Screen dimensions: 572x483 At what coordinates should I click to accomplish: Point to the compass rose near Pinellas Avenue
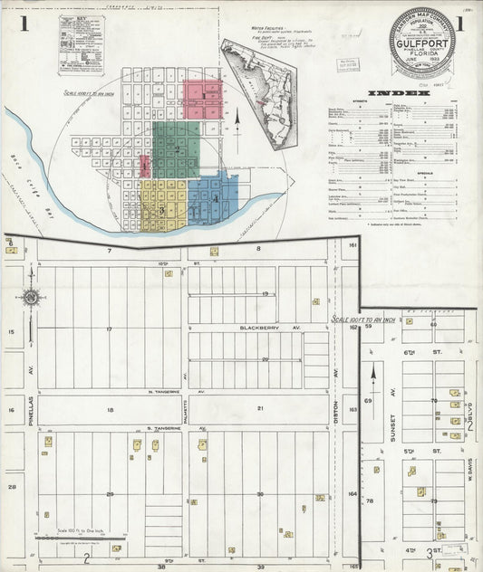tap(30, 296)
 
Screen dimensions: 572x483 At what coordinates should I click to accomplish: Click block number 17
tap(109, 329)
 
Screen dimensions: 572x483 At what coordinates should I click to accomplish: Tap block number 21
tap(259, 408)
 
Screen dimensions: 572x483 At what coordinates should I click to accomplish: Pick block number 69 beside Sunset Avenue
tap(368, 399)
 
